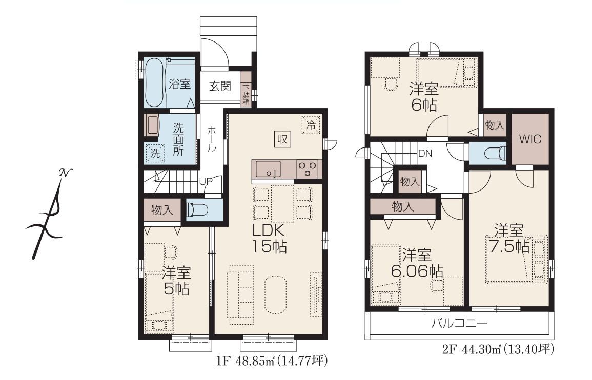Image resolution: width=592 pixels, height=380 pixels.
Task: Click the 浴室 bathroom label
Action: point(179,84)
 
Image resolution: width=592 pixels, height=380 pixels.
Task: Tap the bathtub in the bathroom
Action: point(154,82)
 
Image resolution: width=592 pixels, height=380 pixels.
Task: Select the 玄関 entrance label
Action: point(220,86)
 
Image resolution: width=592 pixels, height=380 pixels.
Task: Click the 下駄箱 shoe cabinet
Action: point(246,94)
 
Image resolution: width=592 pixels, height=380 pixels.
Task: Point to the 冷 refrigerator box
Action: point(311,125)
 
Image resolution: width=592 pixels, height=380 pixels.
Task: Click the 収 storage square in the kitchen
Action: point(283,139)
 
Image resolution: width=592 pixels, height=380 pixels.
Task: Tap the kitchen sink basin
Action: point(268,169)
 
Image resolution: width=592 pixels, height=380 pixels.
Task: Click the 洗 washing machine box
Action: point(155,153)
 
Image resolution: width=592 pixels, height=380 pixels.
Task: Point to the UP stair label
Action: point(206,181)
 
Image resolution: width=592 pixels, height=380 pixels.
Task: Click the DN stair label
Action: point(425,154)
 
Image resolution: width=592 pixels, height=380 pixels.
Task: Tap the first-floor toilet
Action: point(197,210)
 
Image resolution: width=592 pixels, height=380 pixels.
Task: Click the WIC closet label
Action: point(529,139)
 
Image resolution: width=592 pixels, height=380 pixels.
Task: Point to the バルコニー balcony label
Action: point(459,323)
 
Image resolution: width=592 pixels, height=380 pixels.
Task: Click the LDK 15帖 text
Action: point(270,238)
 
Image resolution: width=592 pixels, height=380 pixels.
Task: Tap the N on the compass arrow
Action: point(65,173)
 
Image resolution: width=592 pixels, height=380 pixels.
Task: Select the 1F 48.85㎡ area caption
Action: point(272,361)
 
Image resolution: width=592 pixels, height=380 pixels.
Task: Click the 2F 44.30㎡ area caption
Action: point(498,349)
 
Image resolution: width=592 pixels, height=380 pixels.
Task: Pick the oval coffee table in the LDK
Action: point(276,294)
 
